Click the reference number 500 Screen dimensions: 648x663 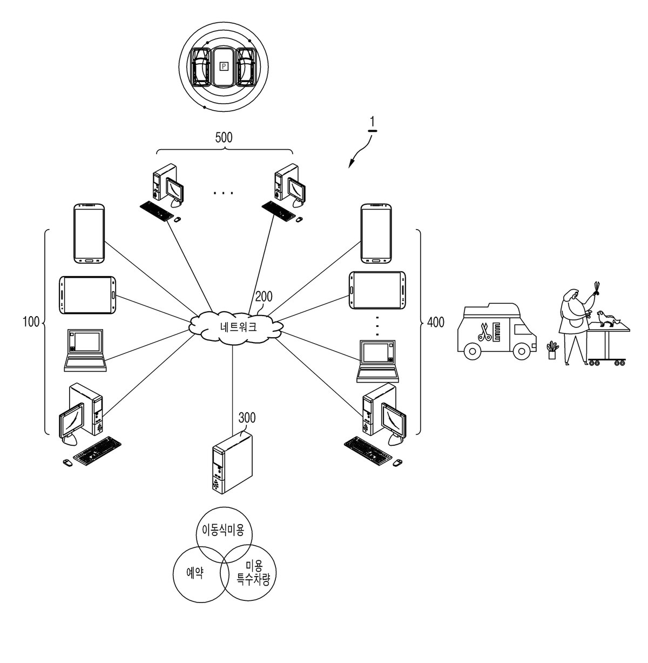pyautogui.click(x=224, y=137)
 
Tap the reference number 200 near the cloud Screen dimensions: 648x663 pyautogui.click(x=264, y=297)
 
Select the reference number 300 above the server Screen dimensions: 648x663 pyautogui.click(x=247, y=418)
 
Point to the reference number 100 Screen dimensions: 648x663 pyautogui.click(x=31, y=322)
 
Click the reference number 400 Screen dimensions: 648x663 pyautogui.click(x=436, y=322)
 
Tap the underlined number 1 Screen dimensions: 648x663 pyautogui.click(x=372, y=122)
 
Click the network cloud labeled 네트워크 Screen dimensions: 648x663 pyautogui.click(x=236, y=327)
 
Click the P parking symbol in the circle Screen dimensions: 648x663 pyautogui.click(x=224, y=66)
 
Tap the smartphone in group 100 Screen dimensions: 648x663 pyautogui.click(x=89, y=234)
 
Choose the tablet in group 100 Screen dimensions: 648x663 pyautogui.click(x=87, y=295)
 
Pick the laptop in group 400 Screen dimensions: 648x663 pyautogui.click(x=378, y=361)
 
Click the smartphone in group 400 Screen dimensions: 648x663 pyautogui.click(x=376, y=234)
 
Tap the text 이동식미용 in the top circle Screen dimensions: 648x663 pyautogui.click(x=223, y=530)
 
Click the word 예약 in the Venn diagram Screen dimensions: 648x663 pyautogui.click(x=195, y=573)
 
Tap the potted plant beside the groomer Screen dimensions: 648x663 pyautogui.click(x=552, y=350)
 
